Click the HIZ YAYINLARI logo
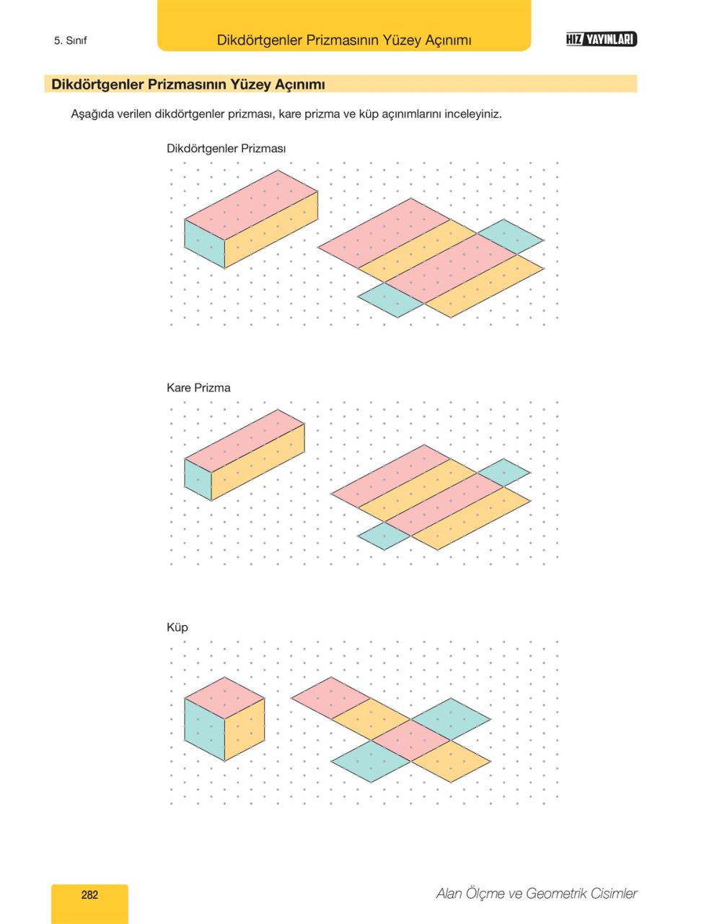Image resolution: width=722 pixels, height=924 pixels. coord(602,40)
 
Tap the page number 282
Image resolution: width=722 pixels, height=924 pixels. coord(89,895)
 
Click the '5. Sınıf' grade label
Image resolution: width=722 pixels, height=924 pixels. coord(71,40)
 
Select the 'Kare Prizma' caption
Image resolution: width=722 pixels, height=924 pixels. coord(198,388)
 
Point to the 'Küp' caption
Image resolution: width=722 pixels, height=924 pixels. coord(177,627)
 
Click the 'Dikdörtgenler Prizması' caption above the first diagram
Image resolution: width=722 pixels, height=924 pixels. coord(226,149)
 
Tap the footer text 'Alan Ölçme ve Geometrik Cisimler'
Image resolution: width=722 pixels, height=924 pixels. coord(537,894)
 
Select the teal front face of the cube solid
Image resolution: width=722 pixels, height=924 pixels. coord(205,729)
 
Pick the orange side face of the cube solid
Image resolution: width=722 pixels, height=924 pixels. coord(245,729)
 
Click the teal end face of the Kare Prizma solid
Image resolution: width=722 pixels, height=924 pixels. coord(198,479)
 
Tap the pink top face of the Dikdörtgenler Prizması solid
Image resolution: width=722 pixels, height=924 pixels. coord(251,205)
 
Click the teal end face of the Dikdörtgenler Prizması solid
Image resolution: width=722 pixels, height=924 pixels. coord(205,244)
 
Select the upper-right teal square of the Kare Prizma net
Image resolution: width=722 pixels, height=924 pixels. coord(503,472)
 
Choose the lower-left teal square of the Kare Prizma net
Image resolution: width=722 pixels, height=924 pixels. coord(384,536)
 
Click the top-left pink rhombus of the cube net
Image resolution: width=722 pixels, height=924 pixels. coord(331,698)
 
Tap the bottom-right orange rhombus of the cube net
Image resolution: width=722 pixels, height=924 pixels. coord(451,761)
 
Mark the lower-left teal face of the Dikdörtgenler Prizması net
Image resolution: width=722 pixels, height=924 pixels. coord(391,300)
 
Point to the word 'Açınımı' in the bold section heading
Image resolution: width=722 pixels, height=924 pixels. coord(300,84)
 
